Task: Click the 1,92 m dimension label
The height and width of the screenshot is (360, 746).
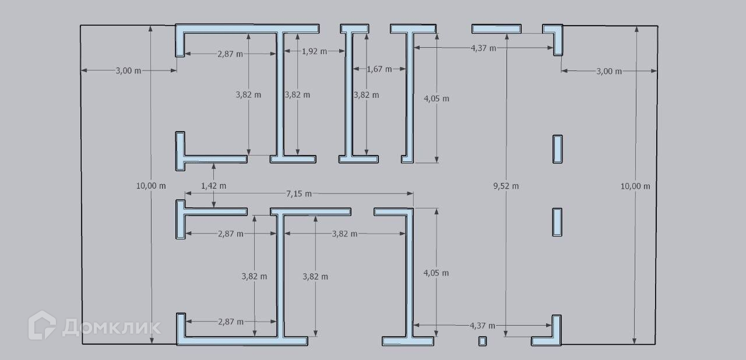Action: (314, 51)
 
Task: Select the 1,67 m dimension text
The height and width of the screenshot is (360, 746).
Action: (379, 69)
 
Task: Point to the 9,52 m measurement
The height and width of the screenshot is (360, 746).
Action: (506, 186)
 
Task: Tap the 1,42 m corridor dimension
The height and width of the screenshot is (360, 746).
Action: (213, 186)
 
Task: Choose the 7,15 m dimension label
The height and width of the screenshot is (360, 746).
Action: (299, 193)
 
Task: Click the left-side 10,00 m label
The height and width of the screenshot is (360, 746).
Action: (151, 186)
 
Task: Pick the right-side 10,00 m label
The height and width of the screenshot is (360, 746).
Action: (635, 186)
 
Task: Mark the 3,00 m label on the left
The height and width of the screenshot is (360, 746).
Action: (129, 70)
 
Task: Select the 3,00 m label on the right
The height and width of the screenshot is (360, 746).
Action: (609, 71)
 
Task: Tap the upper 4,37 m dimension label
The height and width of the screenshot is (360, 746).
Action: (483, 48)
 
